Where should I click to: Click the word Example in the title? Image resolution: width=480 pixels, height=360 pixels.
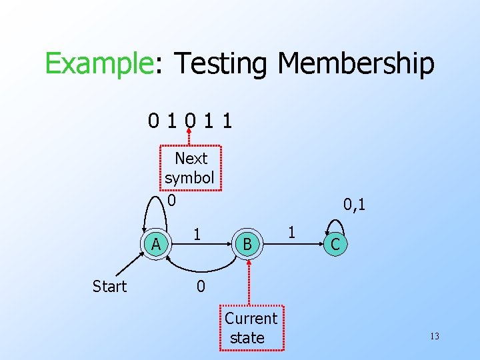pos(99,65)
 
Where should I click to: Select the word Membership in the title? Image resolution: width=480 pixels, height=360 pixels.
pos(355,65)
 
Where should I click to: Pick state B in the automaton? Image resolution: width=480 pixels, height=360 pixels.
pos(247,245)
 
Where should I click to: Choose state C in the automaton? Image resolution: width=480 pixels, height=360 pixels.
pos(335,245)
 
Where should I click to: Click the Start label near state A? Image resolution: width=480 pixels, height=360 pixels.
pos(109,287)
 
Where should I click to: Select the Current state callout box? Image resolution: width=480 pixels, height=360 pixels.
pos(251,328)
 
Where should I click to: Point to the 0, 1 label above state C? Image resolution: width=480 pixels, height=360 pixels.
pos(355,204)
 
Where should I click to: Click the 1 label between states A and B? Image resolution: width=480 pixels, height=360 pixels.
pos(197,235)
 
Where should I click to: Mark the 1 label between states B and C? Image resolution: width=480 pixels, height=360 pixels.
pos(291,233)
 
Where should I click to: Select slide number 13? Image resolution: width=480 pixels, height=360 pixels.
pos(434,336)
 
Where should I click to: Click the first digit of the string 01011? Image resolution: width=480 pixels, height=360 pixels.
pos(154,121)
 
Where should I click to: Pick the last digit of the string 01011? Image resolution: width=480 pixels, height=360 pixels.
pos(229,121)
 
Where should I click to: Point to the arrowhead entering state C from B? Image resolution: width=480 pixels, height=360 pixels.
pos(317,245)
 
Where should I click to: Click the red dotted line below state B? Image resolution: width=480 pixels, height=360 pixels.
pos(249,283)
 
